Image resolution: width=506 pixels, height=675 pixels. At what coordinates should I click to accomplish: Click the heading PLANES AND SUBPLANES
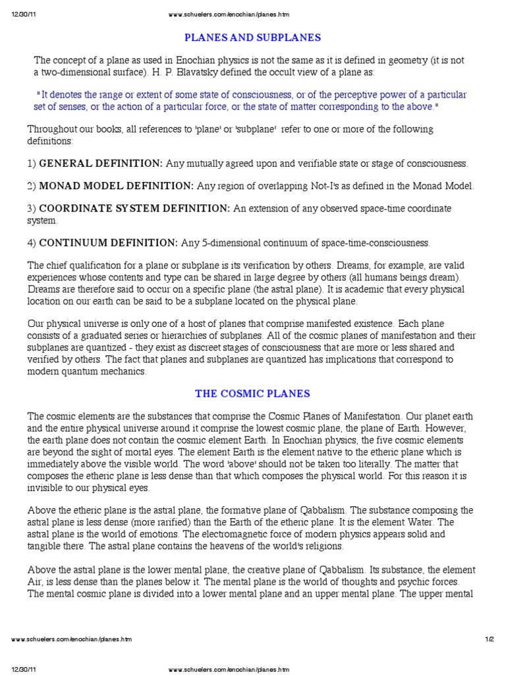pyautogui.click(x=253, y=37)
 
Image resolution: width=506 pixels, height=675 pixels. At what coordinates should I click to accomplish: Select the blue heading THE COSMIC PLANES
pyautogui.click(x=252, y=394)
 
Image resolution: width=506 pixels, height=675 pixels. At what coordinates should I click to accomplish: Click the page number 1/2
pyautogui.click(x=488, y=639)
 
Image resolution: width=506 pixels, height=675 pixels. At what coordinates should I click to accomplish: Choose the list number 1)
pyautogui.click(x=32, y=163)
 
